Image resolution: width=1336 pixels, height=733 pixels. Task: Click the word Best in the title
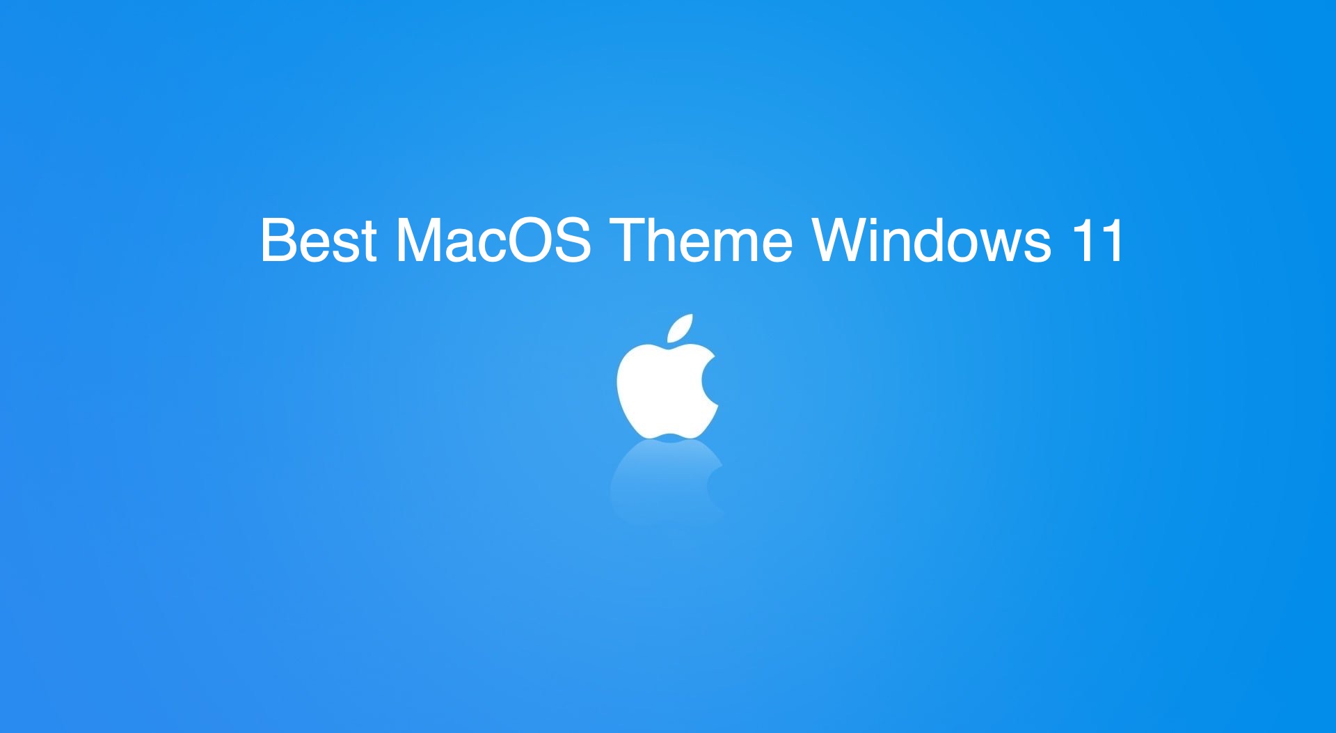point(319,241)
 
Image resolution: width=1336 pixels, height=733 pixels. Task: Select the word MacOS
point(493,241)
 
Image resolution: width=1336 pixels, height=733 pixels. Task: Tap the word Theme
point(701,241)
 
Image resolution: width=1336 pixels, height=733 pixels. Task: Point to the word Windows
point(932,241)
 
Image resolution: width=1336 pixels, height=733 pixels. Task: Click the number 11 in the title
point(1097,241)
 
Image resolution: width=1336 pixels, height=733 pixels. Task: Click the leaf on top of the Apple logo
point(681,329)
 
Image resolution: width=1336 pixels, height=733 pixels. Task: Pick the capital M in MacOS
point(422,241)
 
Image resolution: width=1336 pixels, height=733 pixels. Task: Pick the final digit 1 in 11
point(1111,241)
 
